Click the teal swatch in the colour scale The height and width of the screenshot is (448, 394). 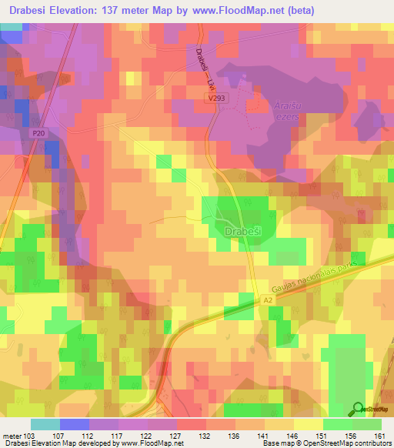[x=45, y=424]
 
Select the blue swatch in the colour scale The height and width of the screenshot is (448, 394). [x=75, y=424]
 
